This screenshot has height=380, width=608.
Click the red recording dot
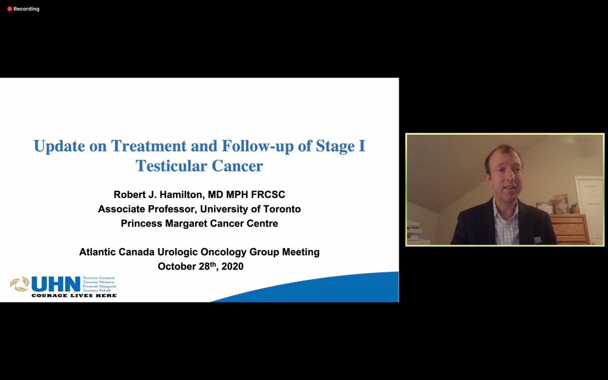9,9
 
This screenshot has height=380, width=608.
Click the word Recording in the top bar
26,9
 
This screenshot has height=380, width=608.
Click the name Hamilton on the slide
178,195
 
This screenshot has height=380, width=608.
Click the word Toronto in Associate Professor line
281,209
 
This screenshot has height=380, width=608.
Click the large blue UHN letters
56,284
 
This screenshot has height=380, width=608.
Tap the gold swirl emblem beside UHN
19,284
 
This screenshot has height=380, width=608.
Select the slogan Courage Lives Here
74,295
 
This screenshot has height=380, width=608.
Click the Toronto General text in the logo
99,278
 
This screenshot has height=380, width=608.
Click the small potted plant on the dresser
574,208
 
